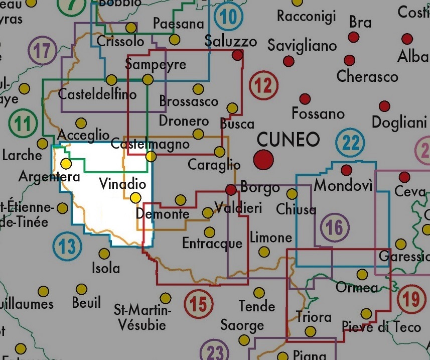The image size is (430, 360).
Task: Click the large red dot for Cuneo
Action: point(264,160)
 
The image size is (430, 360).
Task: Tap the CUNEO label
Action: point(288,139)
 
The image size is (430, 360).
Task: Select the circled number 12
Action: point(263,86)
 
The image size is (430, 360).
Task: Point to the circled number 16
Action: point(334,228)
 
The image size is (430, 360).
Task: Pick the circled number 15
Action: point(199,304)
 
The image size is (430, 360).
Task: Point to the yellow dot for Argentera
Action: point(66,163)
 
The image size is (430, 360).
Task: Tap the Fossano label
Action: point(318,113)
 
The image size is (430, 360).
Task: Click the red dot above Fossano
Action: point(305,99)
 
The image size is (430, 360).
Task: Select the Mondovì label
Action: point(344,186)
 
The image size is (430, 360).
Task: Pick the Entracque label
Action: point(212,244)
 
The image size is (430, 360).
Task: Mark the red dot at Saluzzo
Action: point(237,55)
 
